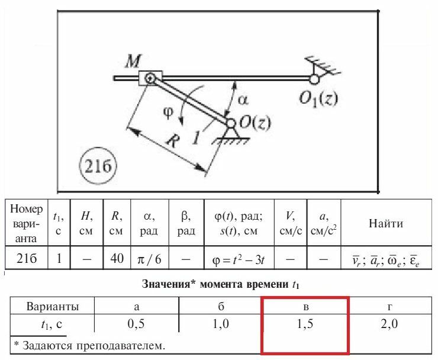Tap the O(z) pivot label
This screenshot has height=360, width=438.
pos(255,123)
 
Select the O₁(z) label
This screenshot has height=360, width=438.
pos(318,99)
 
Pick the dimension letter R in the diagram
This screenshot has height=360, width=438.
pos(172,140)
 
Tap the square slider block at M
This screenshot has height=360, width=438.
pos(150,78)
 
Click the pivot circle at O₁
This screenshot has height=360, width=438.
pos(314,78)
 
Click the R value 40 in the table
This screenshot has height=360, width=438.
pos(115,259)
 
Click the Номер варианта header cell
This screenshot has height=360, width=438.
pos(27,224)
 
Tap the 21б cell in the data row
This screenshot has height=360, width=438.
pos(27,259)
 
